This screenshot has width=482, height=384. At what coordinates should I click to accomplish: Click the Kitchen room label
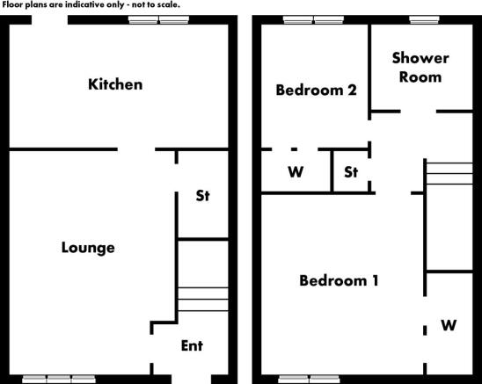pos(115,84)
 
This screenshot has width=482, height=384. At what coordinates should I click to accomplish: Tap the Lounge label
pos(88,248)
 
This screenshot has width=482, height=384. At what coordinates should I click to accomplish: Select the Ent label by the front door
pos(192,346)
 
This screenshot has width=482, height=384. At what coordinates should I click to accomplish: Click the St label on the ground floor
pos(203,196)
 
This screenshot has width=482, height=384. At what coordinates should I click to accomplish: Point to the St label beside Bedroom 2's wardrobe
pos(351,172)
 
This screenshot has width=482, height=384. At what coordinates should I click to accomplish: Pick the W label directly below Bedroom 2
pos(296,172)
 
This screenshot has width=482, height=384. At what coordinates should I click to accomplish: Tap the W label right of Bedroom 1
pos(449,325)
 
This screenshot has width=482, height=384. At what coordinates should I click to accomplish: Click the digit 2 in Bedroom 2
pos(352,90)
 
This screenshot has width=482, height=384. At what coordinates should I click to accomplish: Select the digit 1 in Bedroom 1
pos(375,281)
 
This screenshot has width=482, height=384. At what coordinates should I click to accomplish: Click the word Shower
pos(420,58)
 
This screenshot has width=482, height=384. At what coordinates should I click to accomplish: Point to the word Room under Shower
pos(420,76)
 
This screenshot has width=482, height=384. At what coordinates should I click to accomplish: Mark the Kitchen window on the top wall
pos(158,20)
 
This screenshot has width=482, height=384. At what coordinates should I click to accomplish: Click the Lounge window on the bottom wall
pos(59,379)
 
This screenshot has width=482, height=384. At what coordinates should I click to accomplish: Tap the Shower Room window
pos(424,20)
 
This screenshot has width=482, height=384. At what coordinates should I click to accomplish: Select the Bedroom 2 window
pos(313,20)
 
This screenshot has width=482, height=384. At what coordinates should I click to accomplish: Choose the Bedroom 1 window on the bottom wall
pos(309,379)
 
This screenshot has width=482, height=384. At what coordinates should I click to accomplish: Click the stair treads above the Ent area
pos(203,300)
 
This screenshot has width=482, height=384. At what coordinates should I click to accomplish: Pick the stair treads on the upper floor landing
pos(449,174)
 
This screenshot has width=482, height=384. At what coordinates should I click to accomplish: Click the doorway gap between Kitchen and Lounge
pos(136,149)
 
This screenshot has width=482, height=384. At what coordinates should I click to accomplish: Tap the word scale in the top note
pos(168,4)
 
